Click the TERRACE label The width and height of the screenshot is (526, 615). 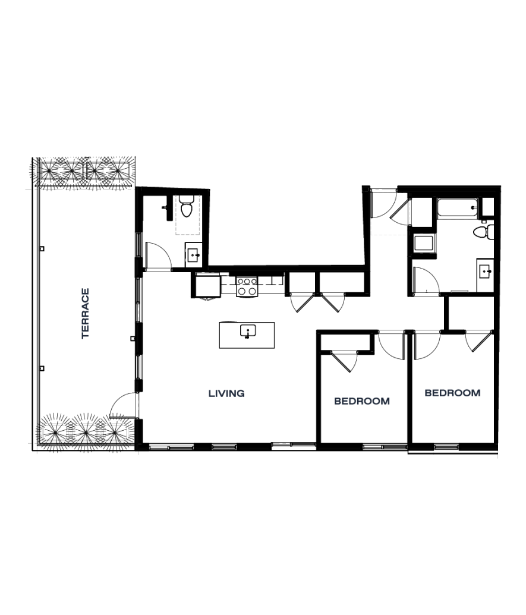pos(85,313)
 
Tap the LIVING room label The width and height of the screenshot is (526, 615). pos(226,393)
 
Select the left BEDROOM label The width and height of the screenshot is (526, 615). pos(361,401)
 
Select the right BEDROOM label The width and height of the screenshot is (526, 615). pos(452,393)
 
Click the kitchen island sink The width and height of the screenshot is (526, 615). pos(247,330)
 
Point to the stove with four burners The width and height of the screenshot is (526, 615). pos(246,286)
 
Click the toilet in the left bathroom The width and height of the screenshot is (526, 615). pos(186,207)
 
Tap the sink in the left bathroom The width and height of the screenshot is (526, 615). pos(193,256)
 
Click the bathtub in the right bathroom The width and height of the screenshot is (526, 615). pos(457,209)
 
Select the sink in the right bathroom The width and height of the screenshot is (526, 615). pos(485,270)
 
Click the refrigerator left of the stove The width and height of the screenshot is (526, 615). pos(207,286)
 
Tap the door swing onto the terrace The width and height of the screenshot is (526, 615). pos(122,405)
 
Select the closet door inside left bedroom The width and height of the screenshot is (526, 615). pos(344,361)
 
